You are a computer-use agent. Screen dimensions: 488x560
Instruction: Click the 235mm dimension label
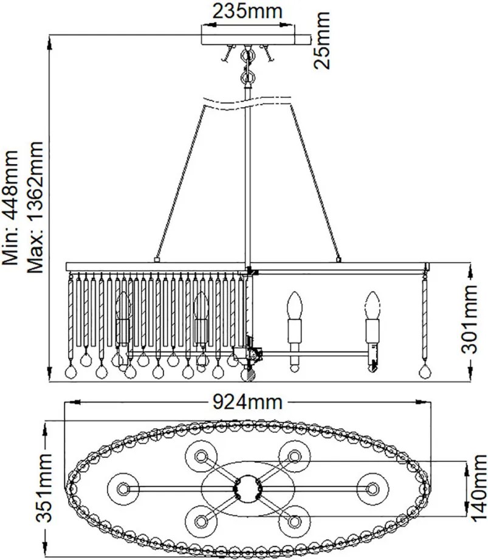click(247, 12)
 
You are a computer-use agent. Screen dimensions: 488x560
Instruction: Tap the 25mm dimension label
click(321, 40)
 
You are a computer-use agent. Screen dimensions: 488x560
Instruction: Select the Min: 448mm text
click(10, 208)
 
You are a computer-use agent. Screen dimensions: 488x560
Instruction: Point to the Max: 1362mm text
click(35, 207)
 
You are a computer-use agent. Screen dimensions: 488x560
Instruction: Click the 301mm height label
click(469, 319)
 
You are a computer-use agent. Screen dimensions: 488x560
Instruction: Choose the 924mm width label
click(247, 402)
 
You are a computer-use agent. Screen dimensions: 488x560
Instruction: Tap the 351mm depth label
click(44, 488)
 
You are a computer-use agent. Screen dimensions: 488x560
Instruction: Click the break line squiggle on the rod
click(247, 102)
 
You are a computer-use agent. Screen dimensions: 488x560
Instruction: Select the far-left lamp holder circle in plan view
click(123, 489)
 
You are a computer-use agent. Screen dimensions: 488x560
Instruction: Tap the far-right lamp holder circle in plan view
click(373, 489)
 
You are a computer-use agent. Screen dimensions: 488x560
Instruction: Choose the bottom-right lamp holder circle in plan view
click(295, 521)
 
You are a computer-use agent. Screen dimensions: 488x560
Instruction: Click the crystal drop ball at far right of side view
click(424, 372)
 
